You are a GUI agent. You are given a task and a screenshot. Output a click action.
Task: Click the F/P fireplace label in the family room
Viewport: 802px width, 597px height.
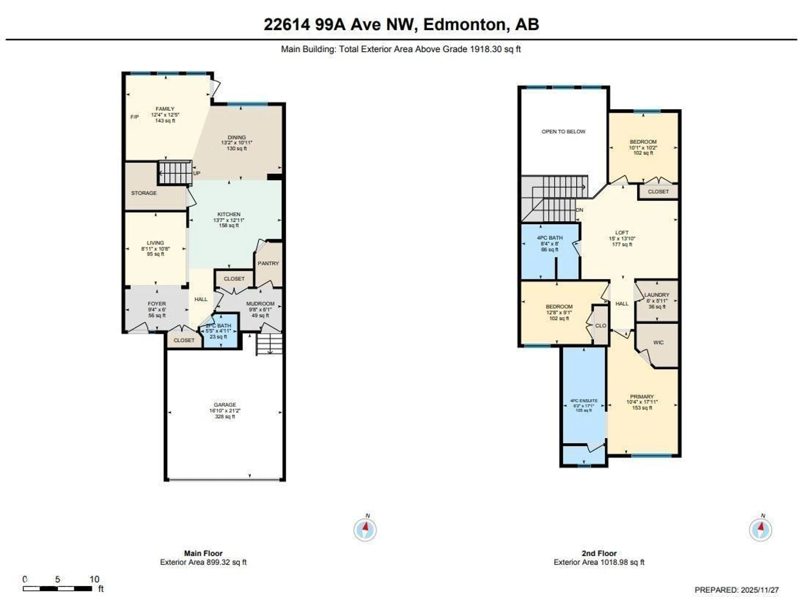point(134,117)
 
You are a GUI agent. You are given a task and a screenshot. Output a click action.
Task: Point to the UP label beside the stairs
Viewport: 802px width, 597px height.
point(197,173)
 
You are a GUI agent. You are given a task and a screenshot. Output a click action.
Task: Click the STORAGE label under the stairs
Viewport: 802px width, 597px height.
point(144,193)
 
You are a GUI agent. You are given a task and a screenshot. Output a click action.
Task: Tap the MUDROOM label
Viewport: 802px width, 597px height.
point(260,304)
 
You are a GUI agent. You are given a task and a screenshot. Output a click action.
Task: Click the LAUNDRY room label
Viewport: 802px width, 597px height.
point(657,295)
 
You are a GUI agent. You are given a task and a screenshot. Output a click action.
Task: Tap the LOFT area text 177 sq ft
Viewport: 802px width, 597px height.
point(622,244)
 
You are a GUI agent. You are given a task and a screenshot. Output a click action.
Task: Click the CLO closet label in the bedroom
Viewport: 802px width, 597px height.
point(600,326)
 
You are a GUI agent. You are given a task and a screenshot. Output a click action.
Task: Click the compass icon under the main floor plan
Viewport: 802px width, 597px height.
point(365,529)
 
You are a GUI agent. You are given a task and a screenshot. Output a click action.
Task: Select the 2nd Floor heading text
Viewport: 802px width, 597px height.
point(599,553)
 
